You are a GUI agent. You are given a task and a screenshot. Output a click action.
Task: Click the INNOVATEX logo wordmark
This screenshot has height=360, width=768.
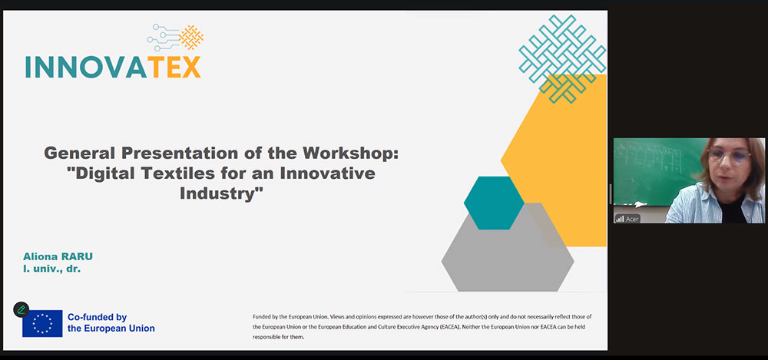(x=113, y=67)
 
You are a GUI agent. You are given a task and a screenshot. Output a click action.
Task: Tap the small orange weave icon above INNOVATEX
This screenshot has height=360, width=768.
(x=191, y=37)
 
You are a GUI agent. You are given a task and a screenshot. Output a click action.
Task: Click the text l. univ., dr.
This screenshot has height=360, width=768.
(x=51, y=269)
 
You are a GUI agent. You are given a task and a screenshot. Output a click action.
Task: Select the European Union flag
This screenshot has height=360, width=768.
(x=42, y=323)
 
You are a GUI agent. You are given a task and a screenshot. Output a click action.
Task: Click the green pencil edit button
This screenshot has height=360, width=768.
(x=21, y=309)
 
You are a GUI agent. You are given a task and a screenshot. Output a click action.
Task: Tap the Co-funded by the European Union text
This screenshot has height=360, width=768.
(x=111, y=323)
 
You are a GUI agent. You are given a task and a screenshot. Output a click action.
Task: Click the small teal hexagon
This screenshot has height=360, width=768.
(x=494, y=203)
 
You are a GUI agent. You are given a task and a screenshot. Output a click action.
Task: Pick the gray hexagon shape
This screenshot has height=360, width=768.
(x=508, y=255)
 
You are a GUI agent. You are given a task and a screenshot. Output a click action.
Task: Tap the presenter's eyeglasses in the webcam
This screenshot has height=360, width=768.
(x=729, y=156)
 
